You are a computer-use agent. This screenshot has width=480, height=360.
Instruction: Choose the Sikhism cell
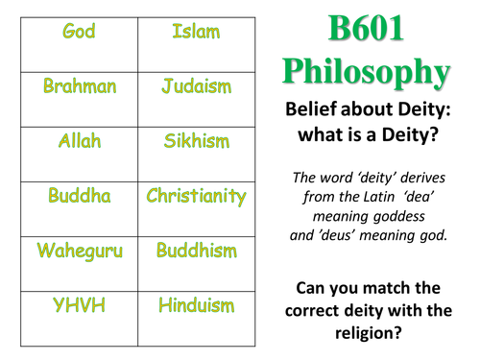(x=196, y=144)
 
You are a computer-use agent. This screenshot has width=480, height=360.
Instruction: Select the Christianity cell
(x=196, y=199)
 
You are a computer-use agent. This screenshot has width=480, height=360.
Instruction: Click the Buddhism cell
(x=196, y=254)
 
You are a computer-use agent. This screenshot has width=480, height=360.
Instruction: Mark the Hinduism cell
(x=196, y=309)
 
